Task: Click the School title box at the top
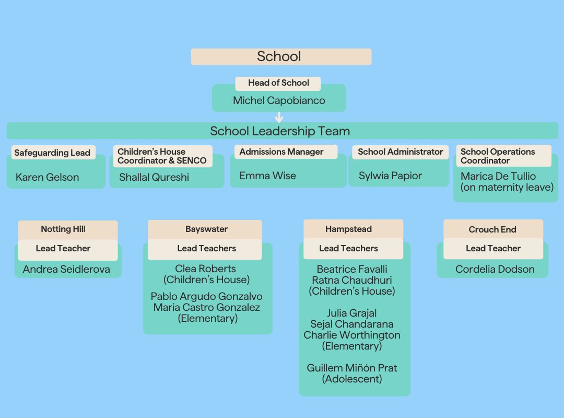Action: [x=281, y=56]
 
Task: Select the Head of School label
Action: [x=278, y=83]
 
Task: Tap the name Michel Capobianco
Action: [x=279, y=100]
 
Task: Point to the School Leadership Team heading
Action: [x=280, y=131]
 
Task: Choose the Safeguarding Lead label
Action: [x=52, y=153]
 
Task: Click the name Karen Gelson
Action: [x=47, y=177]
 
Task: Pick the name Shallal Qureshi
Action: [x=154, y=177]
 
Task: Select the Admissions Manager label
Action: [x=281, y=152]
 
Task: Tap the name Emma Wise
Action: [x=267, y=176]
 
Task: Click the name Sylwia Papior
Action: [x=390, y=176]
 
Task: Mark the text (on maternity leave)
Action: [x=507, y=187]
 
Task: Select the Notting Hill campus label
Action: [x=63, y=229]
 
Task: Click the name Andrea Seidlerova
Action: [x=66, y=270]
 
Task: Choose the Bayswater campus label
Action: [x=206, y=229]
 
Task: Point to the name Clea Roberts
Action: [x=206, y=269]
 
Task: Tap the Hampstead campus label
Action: [x=348, y=229]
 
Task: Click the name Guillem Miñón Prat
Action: [x=352, y=368]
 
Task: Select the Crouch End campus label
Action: [x=492, y=229]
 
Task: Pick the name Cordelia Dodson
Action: [x=495, y=270]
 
